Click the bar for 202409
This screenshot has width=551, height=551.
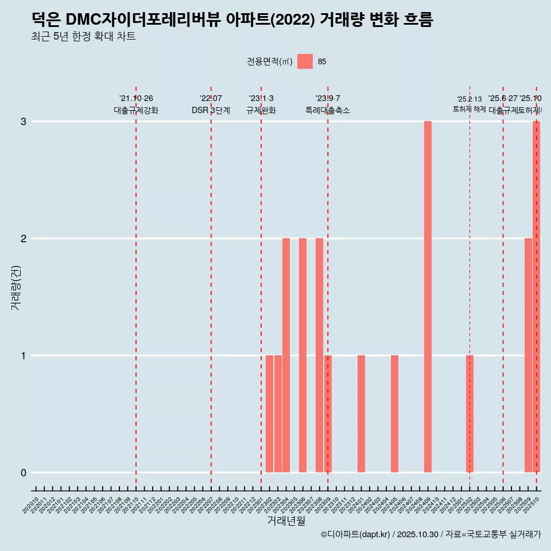point(428,297)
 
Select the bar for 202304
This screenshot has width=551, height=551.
point(286,355)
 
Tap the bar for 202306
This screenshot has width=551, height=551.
point(302,355)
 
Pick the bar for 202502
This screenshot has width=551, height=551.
point(469,414)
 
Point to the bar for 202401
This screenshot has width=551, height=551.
point(361,414)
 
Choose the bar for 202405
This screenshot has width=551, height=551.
point(394,414)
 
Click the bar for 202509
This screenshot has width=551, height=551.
point(528,355)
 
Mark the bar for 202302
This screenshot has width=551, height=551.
point(269,414)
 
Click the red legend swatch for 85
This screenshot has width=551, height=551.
point(305,61)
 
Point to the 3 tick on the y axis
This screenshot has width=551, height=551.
point(24,122)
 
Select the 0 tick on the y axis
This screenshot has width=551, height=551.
point(24,473)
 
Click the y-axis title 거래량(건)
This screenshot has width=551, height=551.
point(16,288)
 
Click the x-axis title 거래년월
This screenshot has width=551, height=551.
point(286,521)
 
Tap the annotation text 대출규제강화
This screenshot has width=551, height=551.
point(136,111)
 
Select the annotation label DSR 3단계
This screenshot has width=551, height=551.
point(211,111)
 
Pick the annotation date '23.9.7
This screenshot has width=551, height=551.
point(328,99)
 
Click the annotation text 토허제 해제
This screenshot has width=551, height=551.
point(469,109)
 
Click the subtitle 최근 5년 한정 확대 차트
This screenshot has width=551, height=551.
point(84,37)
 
